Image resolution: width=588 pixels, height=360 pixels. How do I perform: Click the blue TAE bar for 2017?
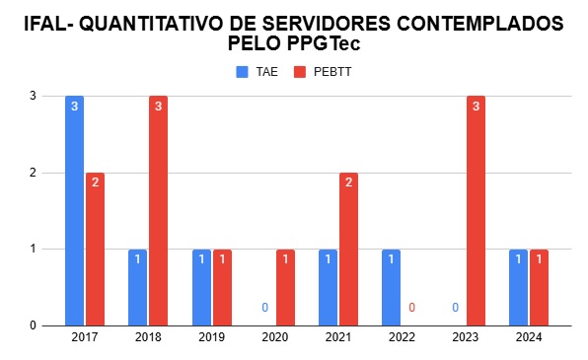point(74,210)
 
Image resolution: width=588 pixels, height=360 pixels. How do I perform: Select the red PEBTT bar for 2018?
point(158,210)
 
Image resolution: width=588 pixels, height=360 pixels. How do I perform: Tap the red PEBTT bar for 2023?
point(476,210)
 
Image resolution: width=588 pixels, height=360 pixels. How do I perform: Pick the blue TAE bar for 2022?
point(391,287)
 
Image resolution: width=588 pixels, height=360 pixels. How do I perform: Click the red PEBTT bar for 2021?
point(348,249)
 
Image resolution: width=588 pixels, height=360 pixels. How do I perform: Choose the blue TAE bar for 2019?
point(201,287)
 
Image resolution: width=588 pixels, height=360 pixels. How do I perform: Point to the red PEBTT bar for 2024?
point(539,287)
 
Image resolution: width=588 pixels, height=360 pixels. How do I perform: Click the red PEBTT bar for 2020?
point(285,287)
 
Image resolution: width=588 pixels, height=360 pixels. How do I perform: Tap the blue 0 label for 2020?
point(264,308)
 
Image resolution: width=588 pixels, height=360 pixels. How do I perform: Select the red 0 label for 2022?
point(411,308)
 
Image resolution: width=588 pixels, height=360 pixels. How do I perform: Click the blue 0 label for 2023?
point(455,308)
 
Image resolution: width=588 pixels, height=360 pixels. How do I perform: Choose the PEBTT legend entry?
point(325,72)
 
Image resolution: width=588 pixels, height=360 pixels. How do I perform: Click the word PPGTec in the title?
point(331,44)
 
